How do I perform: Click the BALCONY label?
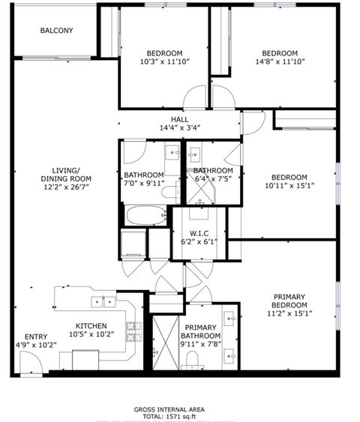click(x=56, y=31)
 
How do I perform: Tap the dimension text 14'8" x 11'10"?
click(x=279, y=63)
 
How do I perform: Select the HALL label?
click(x=179, y=119)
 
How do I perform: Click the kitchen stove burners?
click(x=134, y=330)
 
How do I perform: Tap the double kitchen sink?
click(x=103, y=302)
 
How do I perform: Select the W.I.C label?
click(x=199, y=232)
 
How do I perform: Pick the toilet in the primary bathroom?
click(x=194, y=363)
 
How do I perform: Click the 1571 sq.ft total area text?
click(x=179, y=416)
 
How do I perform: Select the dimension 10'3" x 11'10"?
click(x=164, y=63)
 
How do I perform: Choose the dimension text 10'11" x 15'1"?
click(x=289, y=187)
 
